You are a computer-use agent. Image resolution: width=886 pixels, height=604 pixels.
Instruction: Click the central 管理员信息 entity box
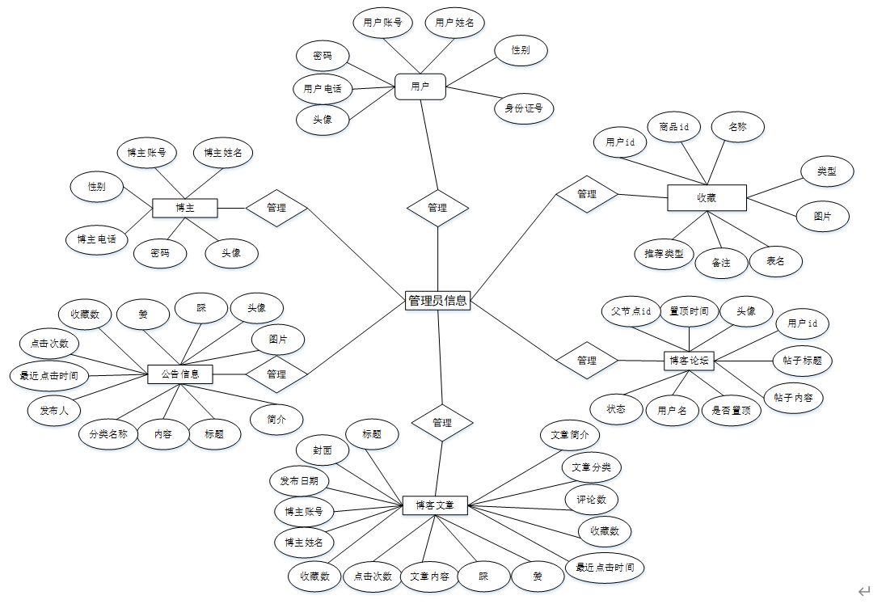pos(437,300)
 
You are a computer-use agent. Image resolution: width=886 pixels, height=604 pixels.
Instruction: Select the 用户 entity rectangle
pos(420,87)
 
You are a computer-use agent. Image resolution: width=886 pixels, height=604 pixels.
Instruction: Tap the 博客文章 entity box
pos(435,506)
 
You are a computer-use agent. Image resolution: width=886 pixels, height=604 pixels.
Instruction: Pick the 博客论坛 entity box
pos(689,361)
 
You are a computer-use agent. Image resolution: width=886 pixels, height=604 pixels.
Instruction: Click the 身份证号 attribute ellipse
pos(524,108)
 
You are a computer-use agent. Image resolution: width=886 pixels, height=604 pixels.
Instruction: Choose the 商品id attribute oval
pos(674,127)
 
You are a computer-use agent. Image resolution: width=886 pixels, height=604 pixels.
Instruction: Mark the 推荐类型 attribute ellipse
pos(664,254)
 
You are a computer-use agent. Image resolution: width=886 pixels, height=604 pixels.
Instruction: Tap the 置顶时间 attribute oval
pos(689,311)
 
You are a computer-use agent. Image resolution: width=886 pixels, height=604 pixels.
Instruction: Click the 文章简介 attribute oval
pos(570,435)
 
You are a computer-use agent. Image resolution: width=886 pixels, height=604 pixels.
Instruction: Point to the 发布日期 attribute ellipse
pos(299,481)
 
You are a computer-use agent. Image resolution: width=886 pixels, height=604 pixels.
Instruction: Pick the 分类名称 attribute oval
pos(108,434)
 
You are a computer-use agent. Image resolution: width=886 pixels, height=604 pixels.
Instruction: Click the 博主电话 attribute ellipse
pos(96,239)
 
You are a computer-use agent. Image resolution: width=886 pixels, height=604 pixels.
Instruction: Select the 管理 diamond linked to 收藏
pos(587,194)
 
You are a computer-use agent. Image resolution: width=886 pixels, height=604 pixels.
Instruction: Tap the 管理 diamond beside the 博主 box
pos(276,208)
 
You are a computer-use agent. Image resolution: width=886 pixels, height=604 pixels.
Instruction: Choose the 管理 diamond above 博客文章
pos(441,422)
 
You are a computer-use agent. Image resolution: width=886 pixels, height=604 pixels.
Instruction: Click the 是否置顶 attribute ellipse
pos(731,410)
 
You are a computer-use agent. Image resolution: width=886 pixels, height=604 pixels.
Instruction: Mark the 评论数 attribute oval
pos(591,500)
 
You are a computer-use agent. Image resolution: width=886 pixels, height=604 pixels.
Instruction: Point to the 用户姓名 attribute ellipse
pos(455,23)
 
